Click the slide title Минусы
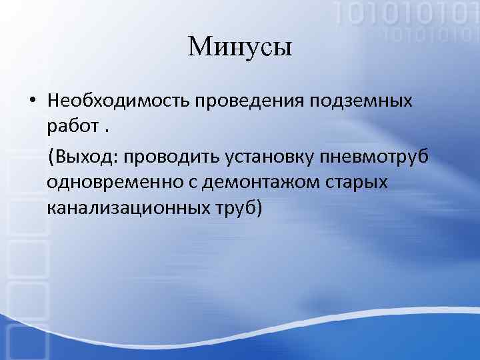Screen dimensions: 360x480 [x=240, y=47]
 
